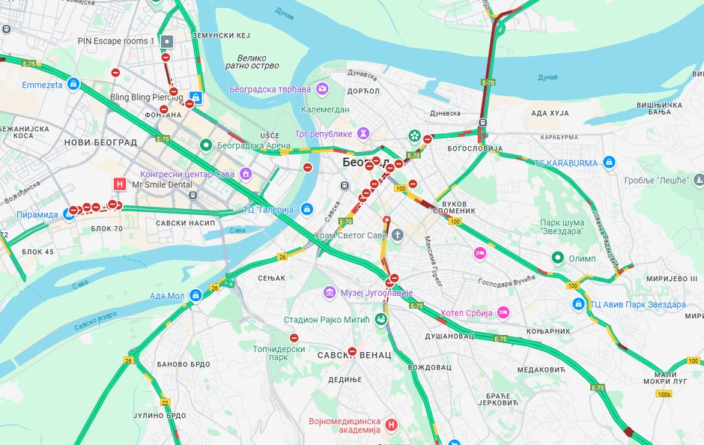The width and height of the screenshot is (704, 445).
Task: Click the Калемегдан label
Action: click(x=325, y=109)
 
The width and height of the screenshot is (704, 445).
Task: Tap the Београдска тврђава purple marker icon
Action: click(x=322, y=89)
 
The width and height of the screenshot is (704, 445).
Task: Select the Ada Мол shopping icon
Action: click(x=195, y=296)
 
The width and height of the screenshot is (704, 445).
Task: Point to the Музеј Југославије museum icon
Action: click(x=329, y=292)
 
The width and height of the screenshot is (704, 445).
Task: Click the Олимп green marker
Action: click(x=558, y=258)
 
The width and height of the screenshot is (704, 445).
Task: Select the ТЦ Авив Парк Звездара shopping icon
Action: click(x=578, y=304)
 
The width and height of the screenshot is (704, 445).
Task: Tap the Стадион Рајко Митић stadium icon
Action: click(x=381, y=320)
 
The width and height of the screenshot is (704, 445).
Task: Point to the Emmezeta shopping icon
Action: click(x=73, y=85)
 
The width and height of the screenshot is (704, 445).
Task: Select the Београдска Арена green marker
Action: click(x=206, y=145)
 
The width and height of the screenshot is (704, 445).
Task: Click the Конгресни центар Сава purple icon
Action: click(x=246, y=174)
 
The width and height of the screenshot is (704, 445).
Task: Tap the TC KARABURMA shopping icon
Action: click(x=609, y=163)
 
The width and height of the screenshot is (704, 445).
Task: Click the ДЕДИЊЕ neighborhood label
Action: click(x=345, y=380)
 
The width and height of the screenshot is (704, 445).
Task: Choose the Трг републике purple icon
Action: click(x=363, y=133)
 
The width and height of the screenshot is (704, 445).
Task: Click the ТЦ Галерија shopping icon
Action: click(x=306, y=209)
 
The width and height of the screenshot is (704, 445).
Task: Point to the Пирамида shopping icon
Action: click(x=69, y=214)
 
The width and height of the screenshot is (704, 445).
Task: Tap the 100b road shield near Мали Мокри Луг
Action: click(x=664, y=393)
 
